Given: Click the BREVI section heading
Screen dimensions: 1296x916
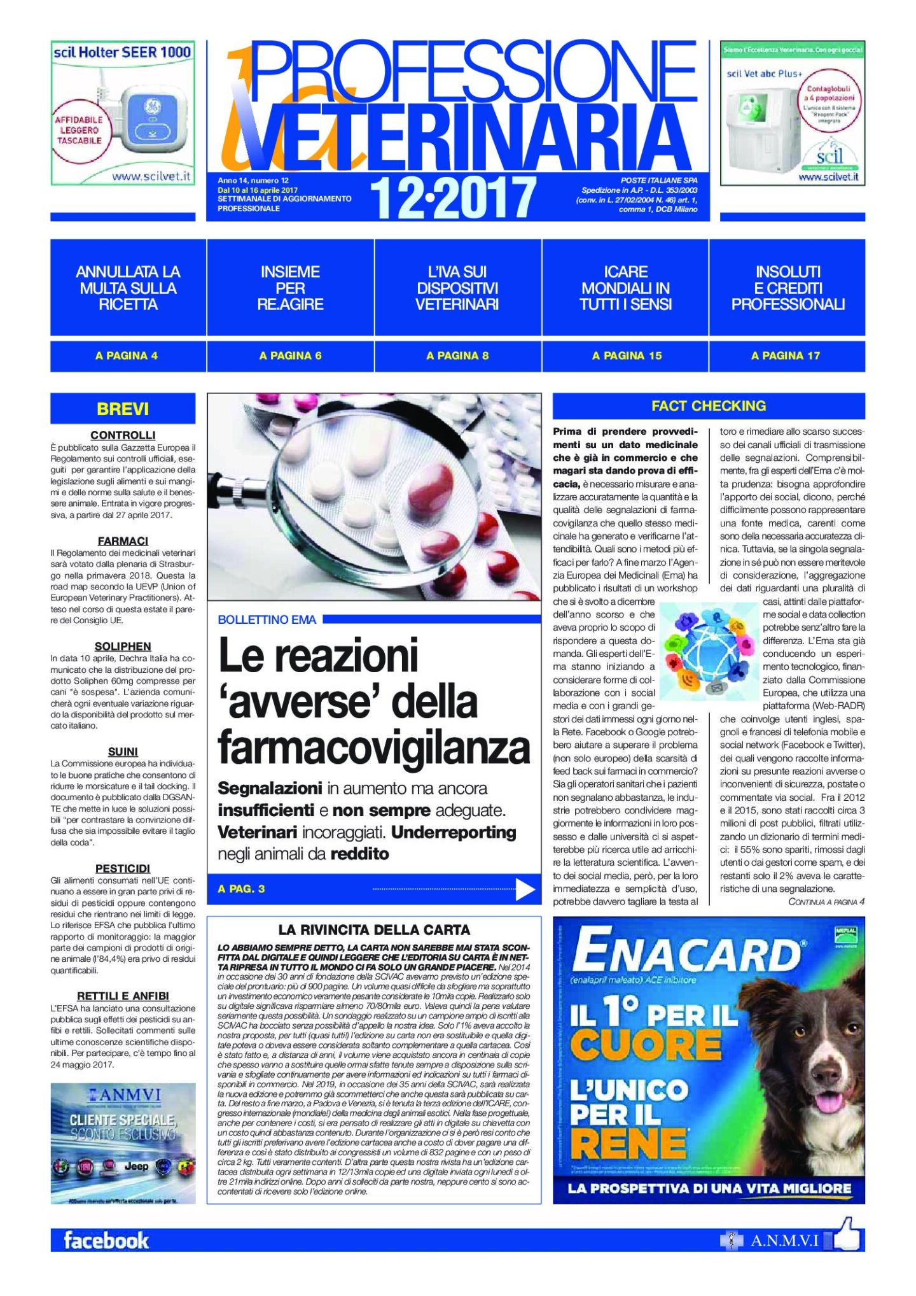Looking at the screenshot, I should [123, 409].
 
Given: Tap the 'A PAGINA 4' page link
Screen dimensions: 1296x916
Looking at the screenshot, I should [127, 356].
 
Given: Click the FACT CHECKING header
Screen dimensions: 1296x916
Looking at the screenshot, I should [709, 406].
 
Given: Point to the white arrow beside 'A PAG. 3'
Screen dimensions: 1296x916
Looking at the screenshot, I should [525, 889].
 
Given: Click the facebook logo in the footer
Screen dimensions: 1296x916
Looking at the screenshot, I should [106, 1240].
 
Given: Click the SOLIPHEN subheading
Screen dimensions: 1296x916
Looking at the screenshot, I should [123, 646].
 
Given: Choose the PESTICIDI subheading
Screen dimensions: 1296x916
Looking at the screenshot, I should [123, 868].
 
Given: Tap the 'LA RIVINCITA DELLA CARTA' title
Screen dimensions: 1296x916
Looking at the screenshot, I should [374, 930].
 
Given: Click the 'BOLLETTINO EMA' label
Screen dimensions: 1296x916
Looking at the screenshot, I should [267, 619].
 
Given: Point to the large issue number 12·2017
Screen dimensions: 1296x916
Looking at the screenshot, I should [453, 198].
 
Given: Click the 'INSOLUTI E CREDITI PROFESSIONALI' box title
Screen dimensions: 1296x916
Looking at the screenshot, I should [788, 288].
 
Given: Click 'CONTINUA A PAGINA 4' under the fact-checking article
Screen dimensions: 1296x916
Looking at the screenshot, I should [826, 902].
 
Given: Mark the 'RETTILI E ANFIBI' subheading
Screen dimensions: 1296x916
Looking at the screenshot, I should [123, 996].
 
